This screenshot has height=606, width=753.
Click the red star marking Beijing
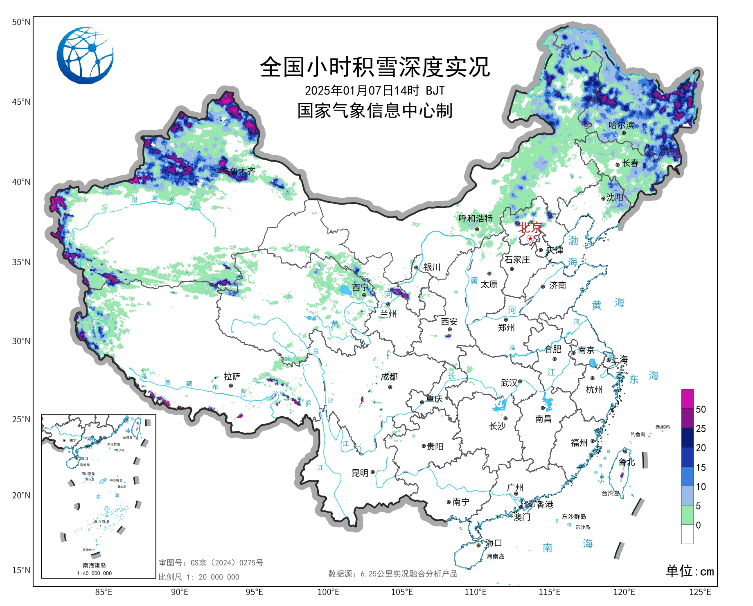(530, 239)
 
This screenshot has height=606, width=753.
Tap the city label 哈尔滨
(621, 125)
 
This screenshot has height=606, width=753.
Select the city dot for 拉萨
(231, 386)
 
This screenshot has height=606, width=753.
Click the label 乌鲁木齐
(239, 171)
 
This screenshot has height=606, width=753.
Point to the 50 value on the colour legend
(701, 410)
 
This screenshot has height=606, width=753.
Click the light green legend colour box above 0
(688, 515)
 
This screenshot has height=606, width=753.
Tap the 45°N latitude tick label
(21, 102)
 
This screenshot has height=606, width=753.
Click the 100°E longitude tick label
(328, 592)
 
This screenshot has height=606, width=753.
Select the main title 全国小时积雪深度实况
(375, 67)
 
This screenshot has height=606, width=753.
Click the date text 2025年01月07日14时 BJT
(374, 90)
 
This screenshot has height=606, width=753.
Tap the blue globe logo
(85, 56)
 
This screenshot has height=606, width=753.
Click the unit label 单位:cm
(690, 571)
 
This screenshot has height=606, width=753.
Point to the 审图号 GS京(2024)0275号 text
(211, 563)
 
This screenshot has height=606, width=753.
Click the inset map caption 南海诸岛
(94, 565)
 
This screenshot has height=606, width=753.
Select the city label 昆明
(360, 473)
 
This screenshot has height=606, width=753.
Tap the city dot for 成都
(390, 387)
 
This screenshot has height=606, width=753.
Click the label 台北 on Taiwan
(627, 462)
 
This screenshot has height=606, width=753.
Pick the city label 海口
(494, 543)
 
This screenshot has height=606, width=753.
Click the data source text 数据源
(392, 574)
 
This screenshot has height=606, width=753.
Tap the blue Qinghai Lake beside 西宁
(346, 290)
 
